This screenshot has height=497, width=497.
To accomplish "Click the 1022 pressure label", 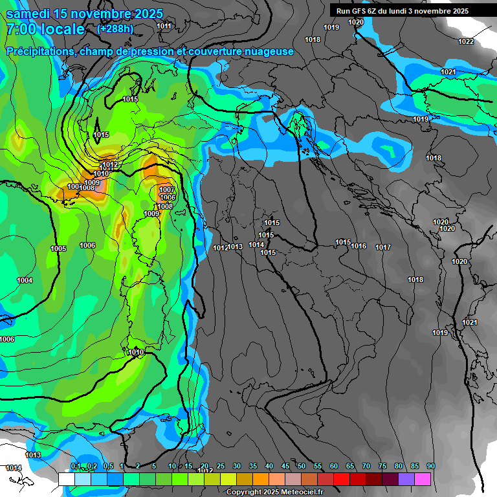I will [466, 41].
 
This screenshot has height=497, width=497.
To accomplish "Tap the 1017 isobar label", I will [383, 247].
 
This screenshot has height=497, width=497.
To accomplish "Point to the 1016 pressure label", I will [359, 246].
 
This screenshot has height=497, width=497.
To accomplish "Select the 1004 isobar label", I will [25, 280].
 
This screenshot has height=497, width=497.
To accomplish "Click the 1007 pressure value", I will [167, 190].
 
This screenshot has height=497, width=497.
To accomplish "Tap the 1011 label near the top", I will [164, 26].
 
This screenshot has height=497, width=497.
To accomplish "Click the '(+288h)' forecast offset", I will [116, 28].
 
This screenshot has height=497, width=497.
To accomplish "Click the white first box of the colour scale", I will [67, 479].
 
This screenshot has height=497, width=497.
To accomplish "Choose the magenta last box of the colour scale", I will [423, 479].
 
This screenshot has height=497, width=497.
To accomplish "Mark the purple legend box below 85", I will [406, 479].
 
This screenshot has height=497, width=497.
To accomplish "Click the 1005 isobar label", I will [58, 248].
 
